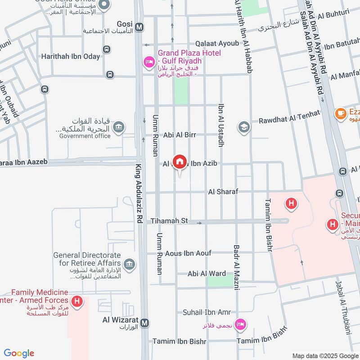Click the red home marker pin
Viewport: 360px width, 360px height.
click(x=180, y=161)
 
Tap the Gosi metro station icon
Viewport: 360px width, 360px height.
click(x=140, y=27)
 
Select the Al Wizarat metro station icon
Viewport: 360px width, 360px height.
click(x=144, y=323)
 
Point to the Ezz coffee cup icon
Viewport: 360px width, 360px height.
click(x=340, y=113)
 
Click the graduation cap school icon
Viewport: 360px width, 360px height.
click(x=244, y=127)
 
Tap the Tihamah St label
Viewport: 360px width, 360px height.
click(x=169, y=221)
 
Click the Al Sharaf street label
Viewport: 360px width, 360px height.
click(x=223, y=192)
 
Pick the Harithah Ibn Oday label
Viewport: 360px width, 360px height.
click(x=71, y=56)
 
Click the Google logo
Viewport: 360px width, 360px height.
click(x=18, y=353)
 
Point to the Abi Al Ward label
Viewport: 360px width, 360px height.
click(x=207, y=274)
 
